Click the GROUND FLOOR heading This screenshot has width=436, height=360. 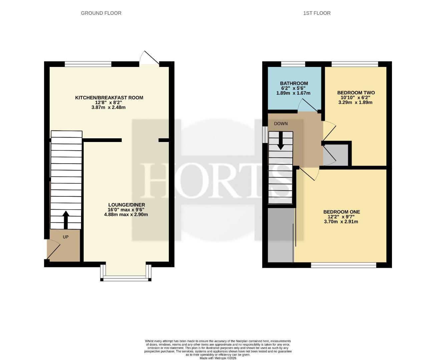pos(101,13)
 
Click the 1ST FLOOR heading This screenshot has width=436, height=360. pos(317,13)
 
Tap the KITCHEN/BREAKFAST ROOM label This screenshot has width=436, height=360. pos(109,98)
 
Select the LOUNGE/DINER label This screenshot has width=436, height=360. pos(126,205)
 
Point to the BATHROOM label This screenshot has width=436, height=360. pos(294,83)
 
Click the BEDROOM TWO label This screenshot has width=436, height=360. pos(356,92)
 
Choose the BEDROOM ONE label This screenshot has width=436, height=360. pos(342,212)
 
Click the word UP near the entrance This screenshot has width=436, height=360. pos(66,237)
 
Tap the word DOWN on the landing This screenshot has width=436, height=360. pos(281,124)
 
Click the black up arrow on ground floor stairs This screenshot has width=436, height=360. pos(66,220)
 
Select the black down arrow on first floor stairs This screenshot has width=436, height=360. pos(281,141)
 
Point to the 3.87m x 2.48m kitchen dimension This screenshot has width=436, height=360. pos(108,107)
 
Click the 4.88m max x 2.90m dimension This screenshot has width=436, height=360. pos(126,214)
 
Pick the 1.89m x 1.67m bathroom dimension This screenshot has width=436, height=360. pos(293,93)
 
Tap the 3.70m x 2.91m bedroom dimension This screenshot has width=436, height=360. pos(341,222)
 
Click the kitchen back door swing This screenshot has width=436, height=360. pos(149,58)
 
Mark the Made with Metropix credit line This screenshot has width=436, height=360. pos(218,358)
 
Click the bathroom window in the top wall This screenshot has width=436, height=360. pos(293,64)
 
